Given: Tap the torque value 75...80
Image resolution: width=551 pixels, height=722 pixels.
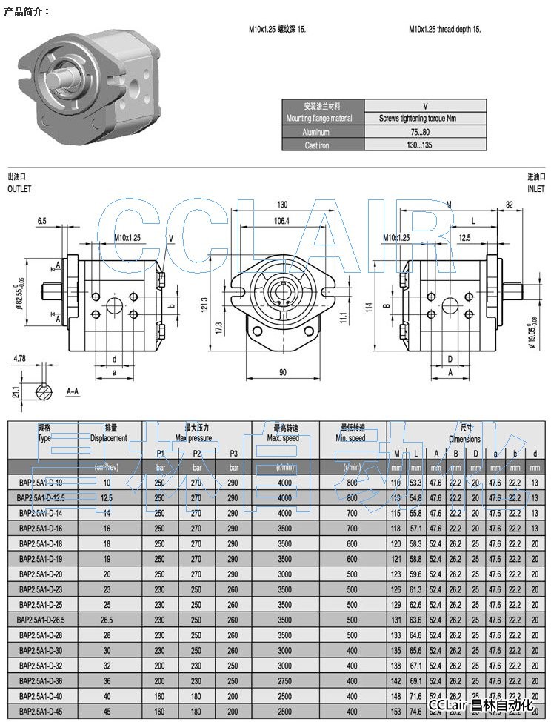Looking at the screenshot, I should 421,132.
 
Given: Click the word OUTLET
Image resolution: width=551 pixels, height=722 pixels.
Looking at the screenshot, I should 19,189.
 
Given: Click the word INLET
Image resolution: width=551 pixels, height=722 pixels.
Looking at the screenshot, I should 535,189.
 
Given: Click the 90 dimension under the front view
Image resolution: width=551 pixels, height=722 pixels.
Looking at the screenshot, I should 282,372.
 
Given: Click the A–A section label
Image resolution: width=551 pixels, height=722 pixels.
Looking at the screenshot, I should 73,391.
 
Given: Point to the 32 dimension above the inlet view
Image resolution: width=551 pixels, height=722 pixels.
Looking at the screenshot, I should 509,204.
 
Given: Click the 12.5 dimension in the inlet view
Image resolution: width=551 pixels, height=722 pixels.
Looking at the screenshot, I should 465,238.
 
